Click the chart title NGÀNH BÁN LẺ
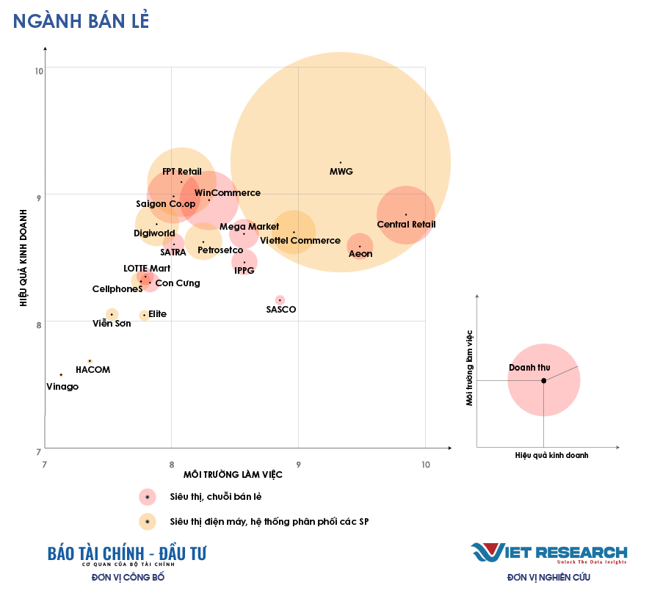coord(81,21)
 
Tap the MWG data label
coord(341,172)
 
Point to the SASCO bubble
coord(280,299)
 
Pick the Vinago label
coord(62,387)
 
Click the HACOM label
coord(93,370)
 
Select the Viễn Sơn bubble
coord(112,314)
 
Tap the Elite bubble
coord(144,315)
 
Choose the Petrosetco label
coord(220,250)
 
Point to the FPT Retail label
coord(182,172)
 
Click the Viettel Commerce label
coord(300,241)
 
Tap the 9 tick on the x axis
coord(299,464)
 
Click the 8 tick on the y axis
coord(39,321)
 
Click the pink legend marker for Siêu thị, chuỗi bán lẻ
coord(148,497)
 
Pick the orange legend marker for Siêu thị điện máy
coord(148,522)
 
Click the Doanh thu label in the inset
coord(529,367)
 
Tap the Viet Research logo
coord(548,553)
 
